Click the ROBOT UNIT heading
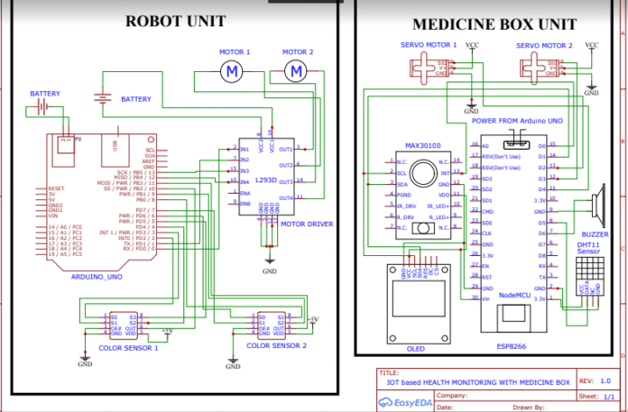tap(175, 21)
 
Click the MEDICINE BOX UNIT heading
tap(494, 24)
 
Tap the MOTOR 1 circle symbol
tap(233, 69)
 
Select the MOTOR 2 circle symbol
tap(295, 69)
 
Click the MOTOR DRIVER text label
tap(308, 224)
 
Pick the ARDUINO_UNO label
tap(95, 278)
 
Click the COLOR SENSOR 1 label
tap(127, 346)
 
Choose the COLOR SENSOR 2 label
tap(276, 345)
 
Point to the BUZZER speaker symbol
tap(597, 208)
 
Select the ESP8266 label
tap(507, 343)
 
